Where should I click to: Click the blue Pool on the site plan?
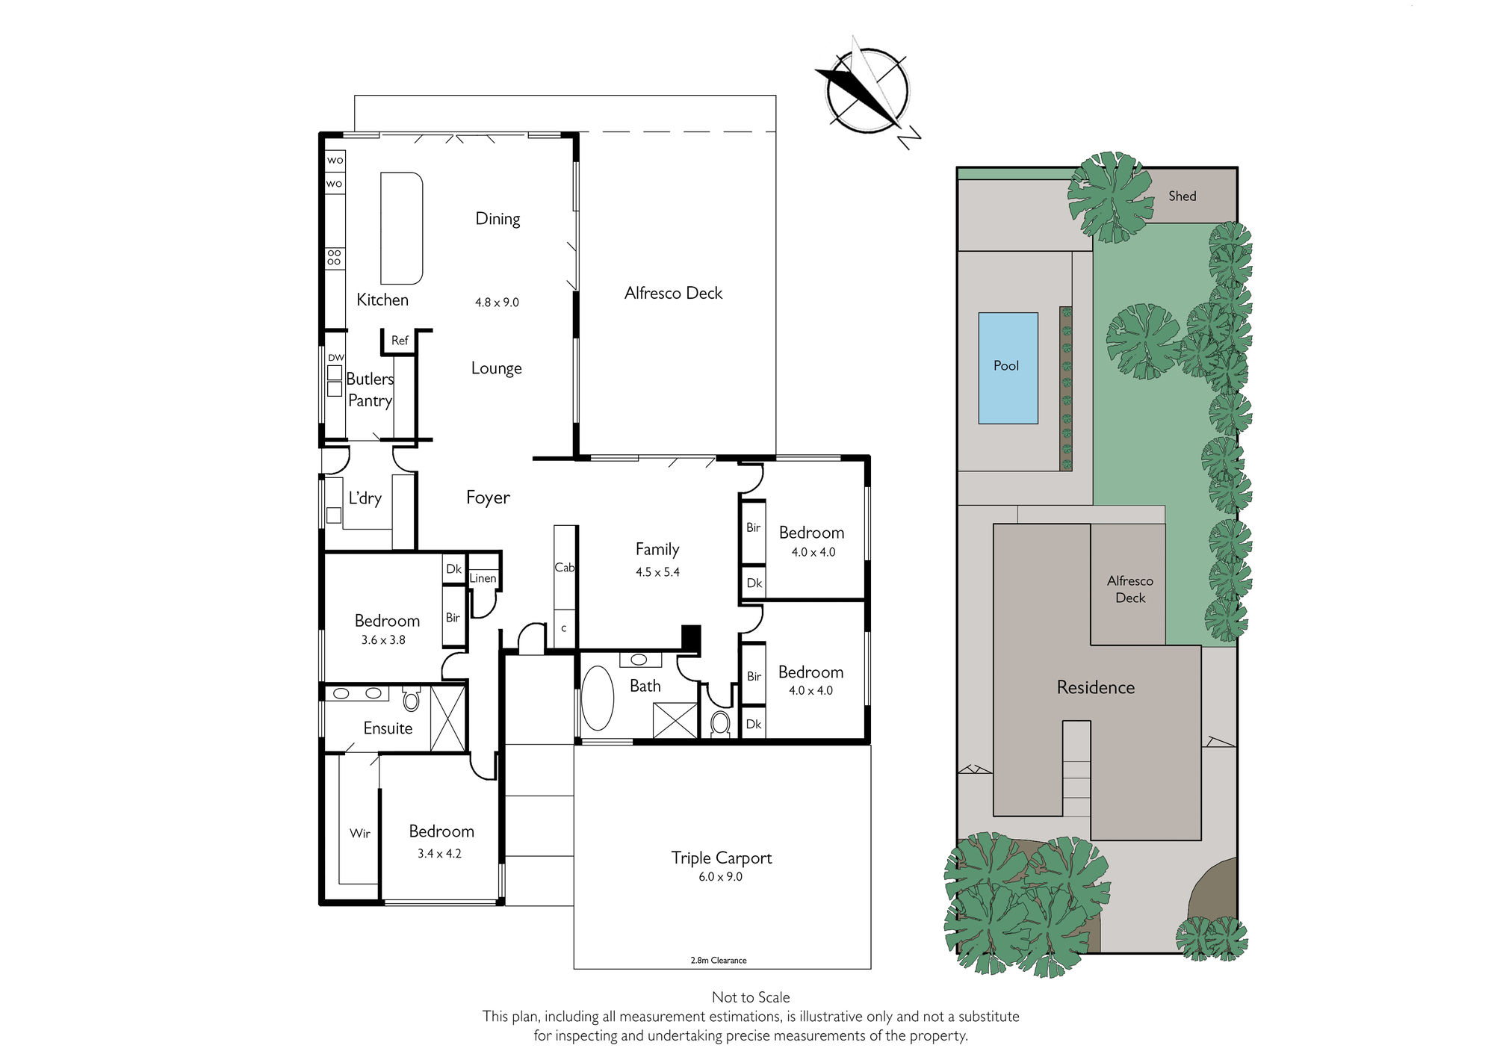(x=1008, y=368)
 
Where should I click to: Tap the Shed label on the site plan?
(x=1183, y=196)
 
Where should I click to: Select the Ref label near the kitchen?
(x=400, y=341)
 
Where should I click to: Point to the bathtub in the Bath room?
(x=598, y=698)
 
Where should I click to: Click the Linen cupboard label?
(x=483, y=578)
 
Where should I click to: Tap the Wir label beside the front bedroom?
(x=359, y=833)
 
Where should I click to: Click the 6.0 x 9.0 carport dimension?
(x=721, y=877)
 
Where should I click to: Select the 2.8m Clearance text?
(x=719, y=961)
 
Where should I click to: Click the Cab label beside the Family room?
(x=565, y=568)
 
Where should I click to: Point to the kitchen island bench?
(x=402, y=229)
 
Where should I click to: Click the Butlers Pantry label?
(x=370, y=389)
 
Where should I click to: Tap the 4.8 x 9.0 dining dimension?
(x=497, y=303)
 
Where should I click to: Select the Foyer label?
(x=488, y=497)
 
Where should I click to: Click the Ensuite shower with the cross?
(x=447, y=718)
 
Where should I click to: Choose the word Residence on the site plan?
(x=1096, y=687)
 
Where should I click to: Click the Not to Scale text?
(x=751, y=997)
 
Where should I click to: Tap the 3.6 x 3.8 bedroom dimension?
(x=383, y=640)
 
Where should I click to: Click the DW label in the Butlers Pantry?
(x=336, y=358)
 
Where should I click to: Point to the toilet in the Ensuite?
(x=411, y=700)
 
